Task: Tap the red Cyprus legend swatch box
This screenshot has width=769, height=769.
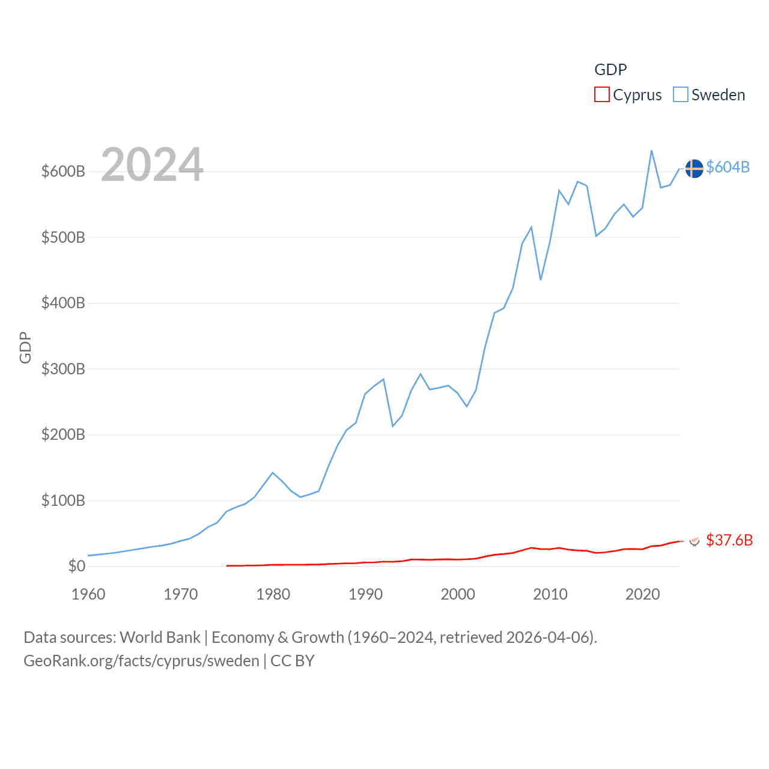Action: click(602, 95)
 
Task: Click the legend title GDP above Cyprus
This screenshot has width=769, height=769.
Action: click(610, 70)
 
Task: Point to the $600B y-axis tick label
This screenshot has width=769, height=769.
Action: click(63, 171)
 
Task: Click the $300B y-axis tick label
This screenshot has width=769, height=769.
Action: click(63, 369)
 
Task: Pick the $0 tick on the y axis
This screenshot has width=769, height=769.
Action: click(77, 566)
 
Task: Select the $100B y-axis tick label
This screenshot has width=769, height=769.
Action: click(63, 500)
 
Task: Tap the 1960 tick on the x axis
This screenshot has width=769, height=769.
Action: click(88, 594)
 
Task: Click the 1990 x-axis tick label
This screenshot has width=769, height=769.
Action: click(365, 594)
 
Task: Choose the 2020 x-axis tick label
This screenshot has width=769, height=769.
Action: click(643, 594)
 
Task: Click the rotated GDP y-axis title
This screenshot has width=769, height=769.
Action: click(25, 347)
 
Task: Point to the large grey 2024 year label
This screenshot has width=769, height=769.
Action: click(152, 164)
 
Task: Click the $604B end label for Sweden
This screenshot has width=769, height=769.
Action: click(728, 167)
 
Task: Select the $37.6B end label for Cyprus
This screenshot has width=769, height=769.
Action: click(729, 540)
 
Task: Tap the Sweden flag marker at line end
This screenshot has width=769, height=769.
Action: click(694, 169)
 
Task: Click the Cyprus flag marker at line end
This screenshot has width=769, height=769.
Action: click(695, 541)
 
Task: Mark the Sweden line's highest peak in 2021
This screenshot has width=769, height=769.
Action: click(652, 151)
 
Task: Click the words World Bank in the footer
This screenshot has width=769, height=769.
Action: click(160, 637)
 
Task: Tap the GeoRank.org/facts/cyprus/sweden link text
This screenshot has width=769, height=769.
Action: click(141, 661)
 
